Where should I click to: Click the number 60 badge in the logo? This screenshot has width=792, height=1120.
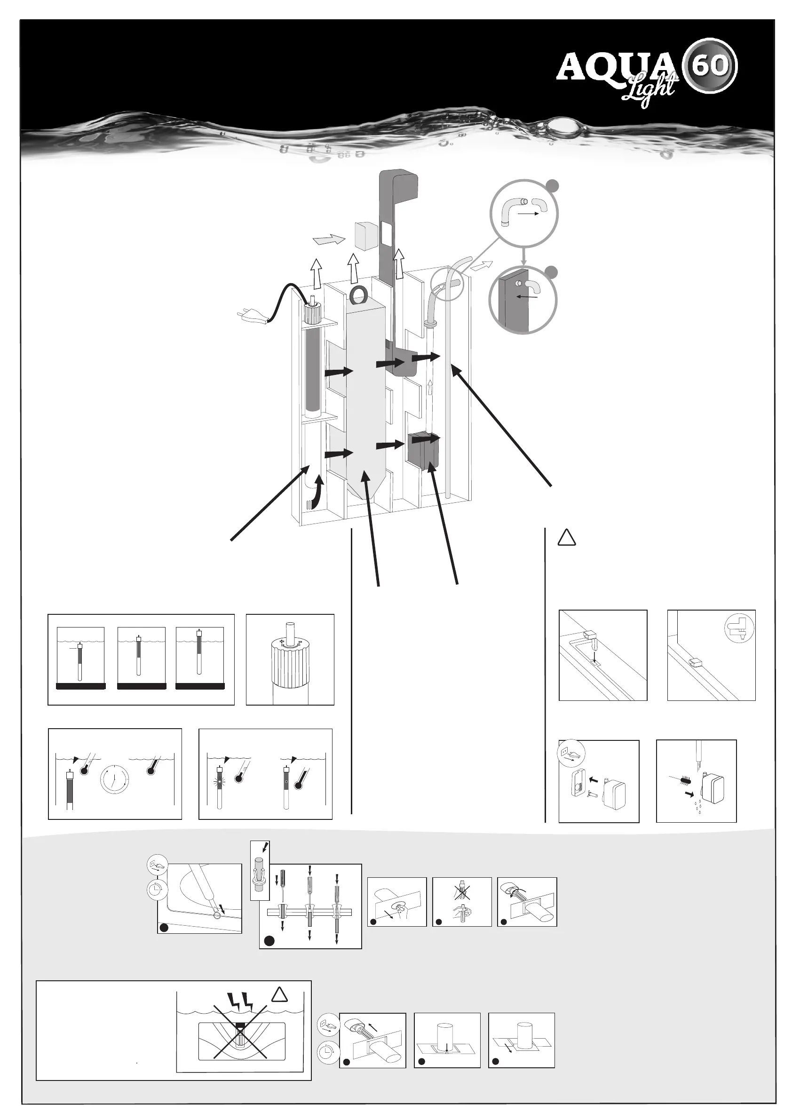point(712,66)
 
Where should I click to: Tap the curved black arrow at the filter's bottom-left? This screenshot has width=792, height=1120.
point(315,493)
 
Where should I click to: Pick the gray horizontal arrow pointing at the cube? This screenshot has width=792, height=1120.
point(328,240)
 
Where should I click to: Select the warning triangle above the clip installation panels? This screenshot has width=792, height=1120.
point(567,538)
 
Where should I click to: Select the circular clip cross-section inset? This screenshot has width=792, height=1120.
point(740,628)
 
